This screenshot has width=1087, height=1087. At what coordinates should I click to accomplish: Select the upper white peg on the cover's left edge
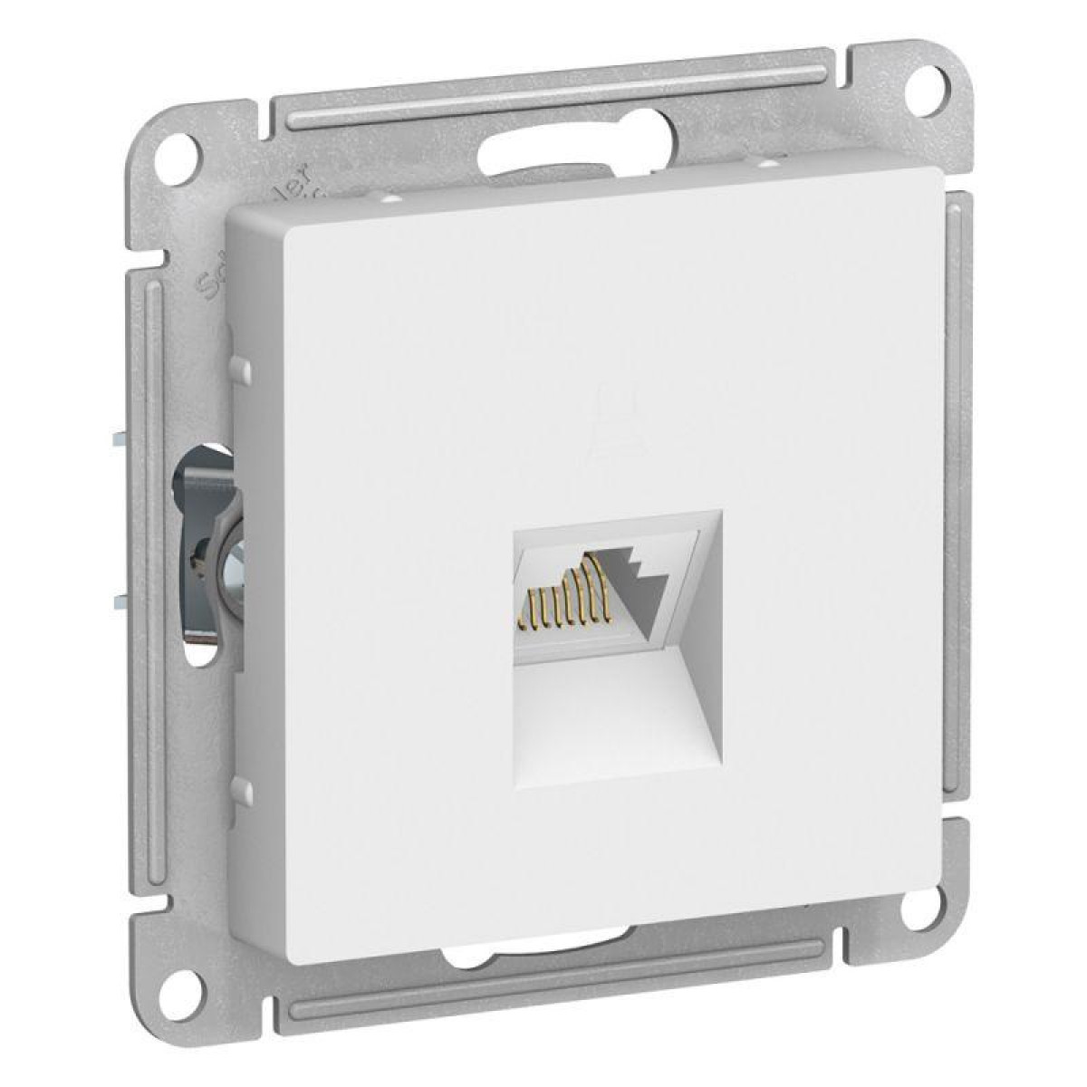click(x=239, y=367)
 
